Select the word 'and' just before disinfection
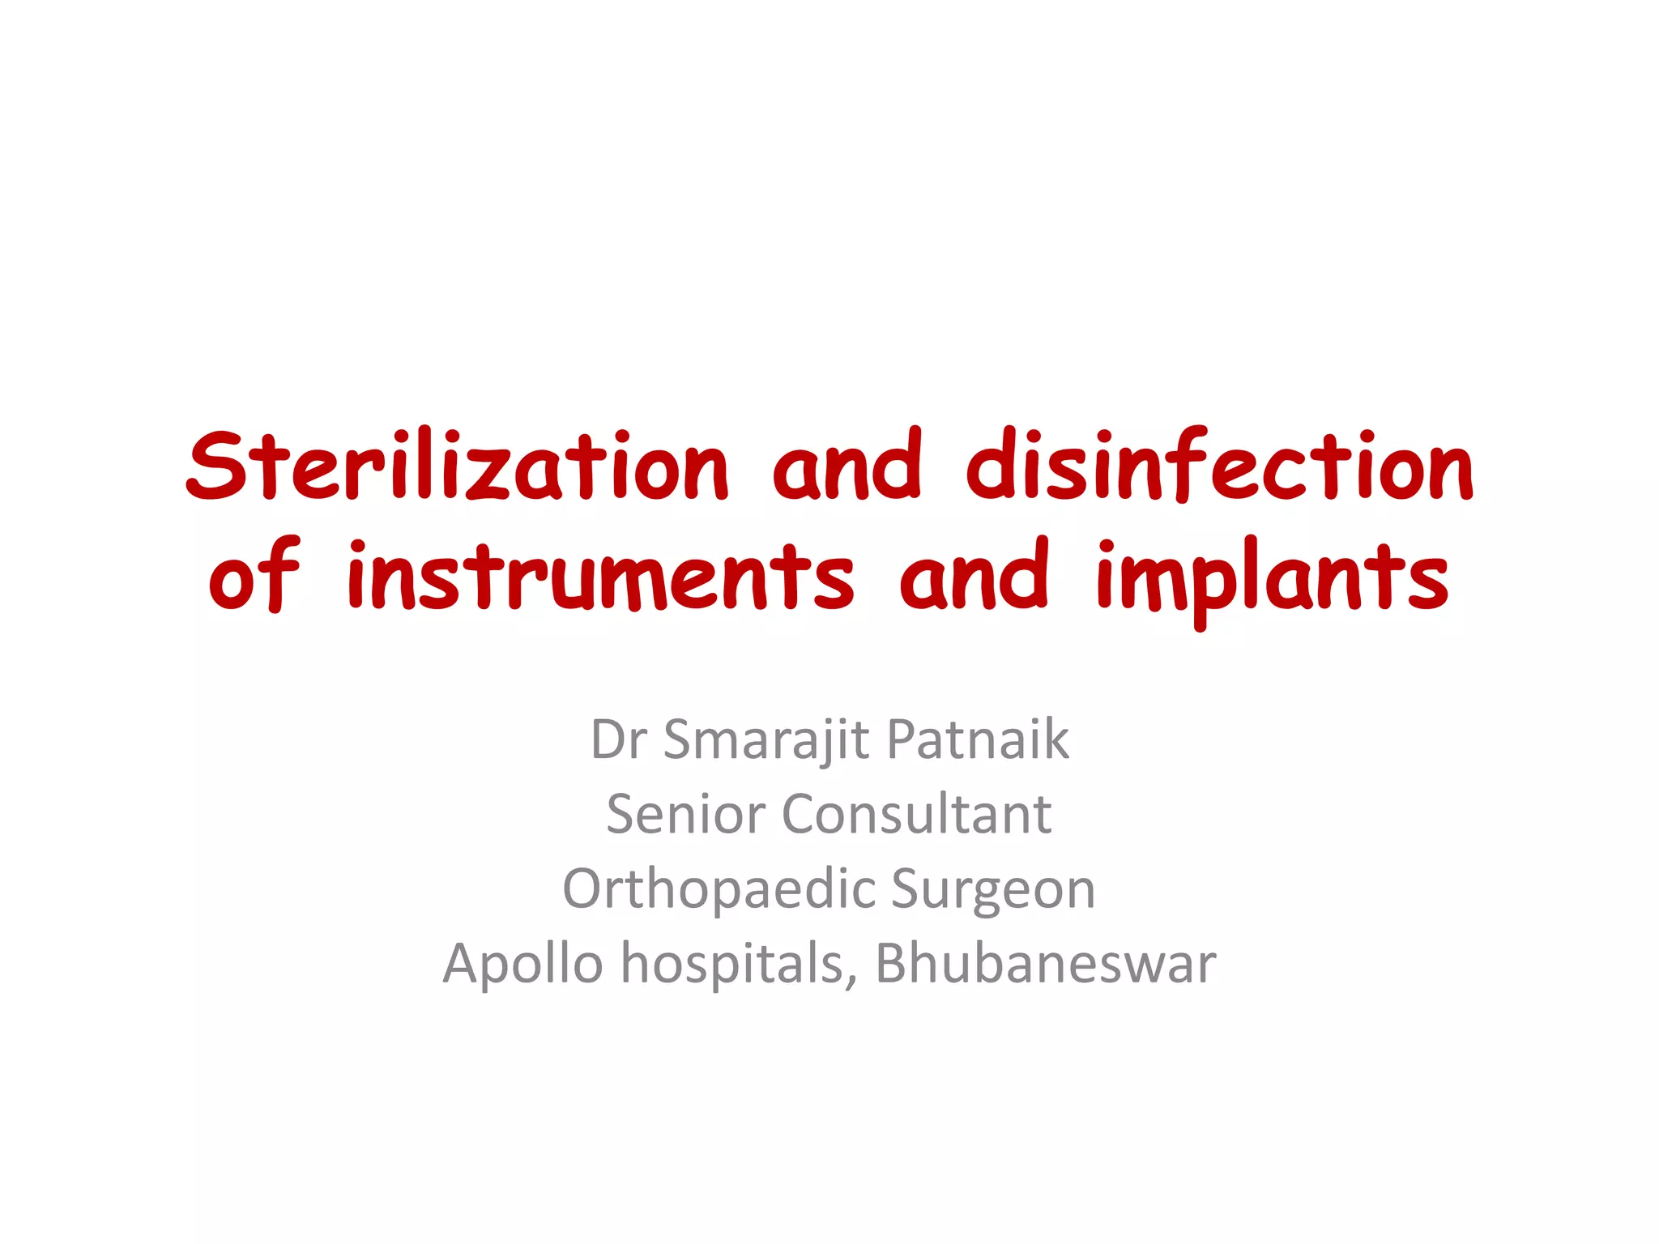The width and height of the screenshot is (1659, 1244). (x=847, y=466)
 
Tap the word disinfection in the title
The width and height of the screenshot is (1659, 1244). (x=1220, y=466)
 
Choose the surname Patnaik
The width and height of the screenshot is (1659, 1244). (x=978, y=740)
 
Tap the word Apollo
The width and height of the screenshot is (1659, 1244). (x=523, y=964)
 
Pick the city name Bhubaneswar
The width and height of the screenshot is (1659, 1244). (x=1045, y=964)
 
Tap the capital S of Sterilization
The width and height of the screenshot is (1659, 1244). (x=216, y=466)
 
